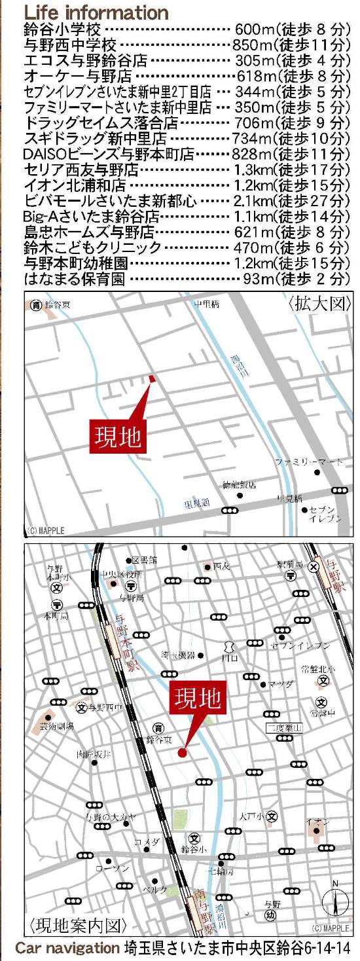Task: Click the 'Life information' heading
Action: (96, 12)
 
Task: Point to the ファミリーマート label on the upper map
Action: (308, 462)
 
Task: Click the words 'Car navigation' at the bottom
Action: (67, 949)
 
